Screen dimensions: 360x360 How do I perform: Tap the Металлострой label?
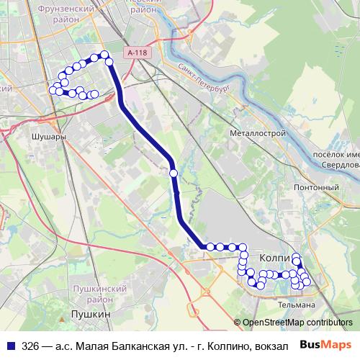(258, 133)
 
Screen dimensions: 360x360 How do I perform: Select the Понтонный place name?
(316, 187)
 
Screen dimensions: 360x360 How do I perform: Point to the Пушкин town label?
(91, 315)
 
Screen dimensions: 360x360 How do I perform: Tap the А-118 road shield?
(135, 53)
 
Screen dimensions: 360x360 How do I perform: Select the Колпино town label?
(273, 257)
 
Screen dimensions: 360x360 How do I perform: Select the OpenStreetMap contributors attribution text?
(297, 323)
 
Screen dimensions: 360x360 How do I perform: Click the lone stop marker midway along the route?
(174, 173)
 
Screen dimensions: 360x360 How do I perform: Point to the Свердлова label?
(339, 165)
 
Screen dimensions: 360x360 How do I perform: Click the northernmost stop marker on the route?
(104, 54)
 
